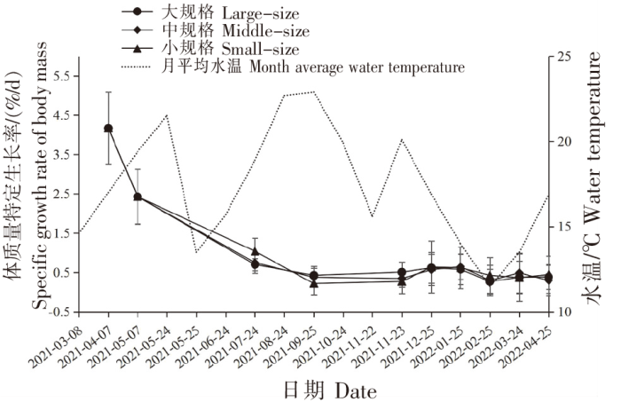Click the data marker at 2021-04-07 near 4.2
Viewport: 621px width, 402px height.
pyautogui.click(x=108, y=129)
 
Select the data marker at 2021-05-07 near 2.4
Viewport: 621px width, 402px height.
pyautogui.click(x=138, y=197)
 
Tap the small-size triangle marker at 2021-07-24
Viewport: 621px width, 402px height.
pyautogui.click(x=255, y=251)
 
